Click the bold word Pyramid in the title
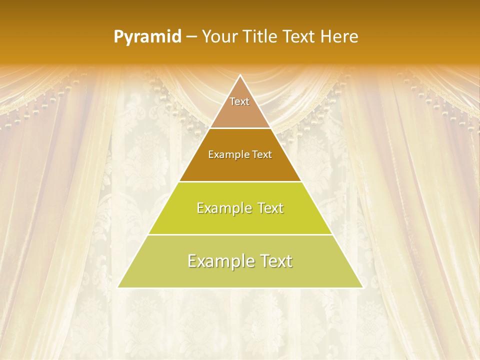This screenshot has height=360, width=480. [147, 37]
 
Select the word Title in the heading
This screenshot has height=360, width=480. [262, 36]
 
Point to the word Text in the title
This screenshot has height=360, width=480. [299, 36]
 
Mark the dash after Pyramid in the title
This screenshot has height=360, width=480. [191, 37]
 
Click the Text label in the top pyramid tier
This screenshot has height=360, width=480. [239, 101]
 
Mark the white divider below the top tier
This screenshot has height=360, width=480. [240, 128]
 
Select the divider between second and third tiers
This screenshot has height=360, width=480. [240, 181]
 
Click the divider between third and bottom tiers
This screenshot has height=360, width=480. [240, 234]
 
